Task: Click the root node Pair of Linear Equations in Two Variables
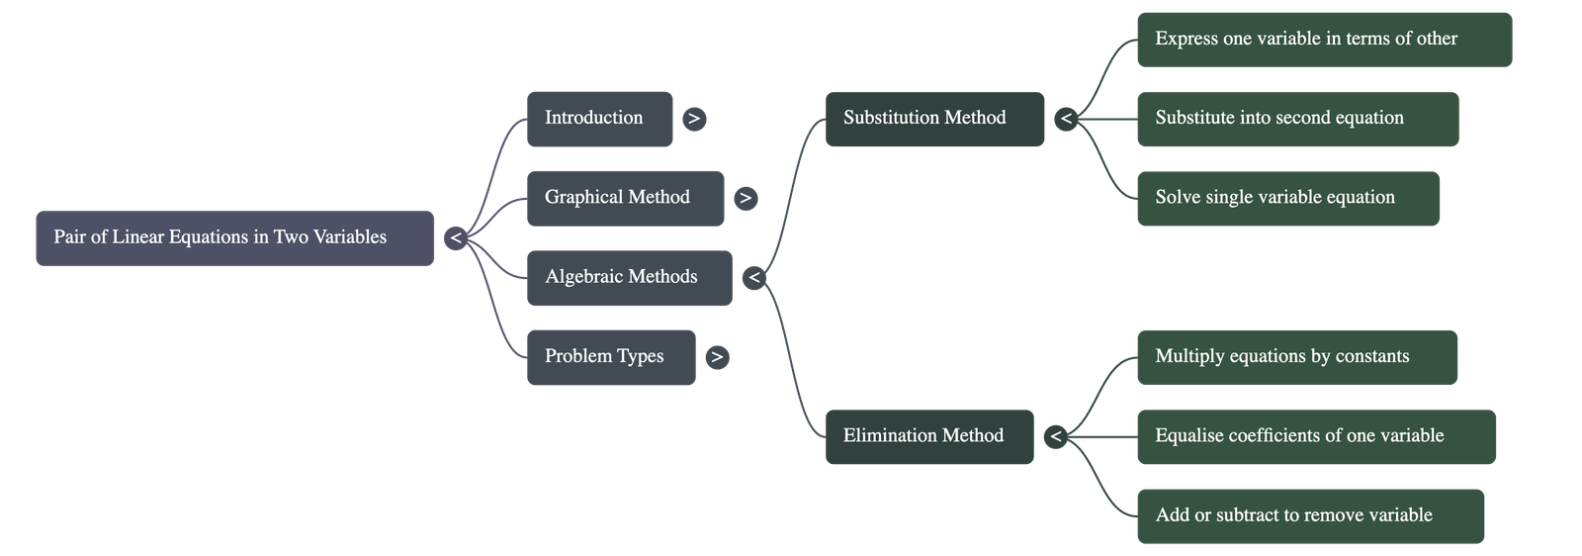click(x=234, y=237)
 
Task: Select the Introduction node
click(x=599, y=119)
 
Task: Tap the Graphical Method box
click(x=625, y=198)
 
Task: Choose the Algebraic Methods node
click(x=629, y=277)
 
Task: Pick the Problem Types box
click(x=610, y=357)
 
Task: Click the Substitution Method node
click(x=934, y=119)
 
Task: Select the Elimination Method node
click(x=928, y=436)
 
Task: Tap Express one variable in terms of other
click(x=1324, y=40)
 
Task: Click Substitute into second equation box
click(x=1296, y=119)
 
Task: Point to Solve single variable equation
click(x=1287, y=198)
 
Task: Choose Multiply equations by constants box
click(x=1296, y=357)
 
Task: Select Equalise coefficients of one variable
click(x=1315, y=436)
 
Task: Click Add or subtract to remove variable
click(x=1309, y=515)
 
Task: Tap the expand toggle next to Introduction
click(x=694, y=119)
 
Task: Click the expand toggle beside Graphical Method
click(x=746, y=198)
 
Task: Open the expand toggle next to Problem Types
click(x=718, y=357)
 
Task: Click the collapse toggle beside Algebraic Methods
click(x=754, y=278)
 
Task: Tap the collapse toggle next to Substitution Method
click(x=1066, y=120)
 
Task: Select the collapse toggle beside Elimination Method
click(x=1055, y=436)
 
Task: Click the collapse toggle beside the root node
click(x=455, y=237)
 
